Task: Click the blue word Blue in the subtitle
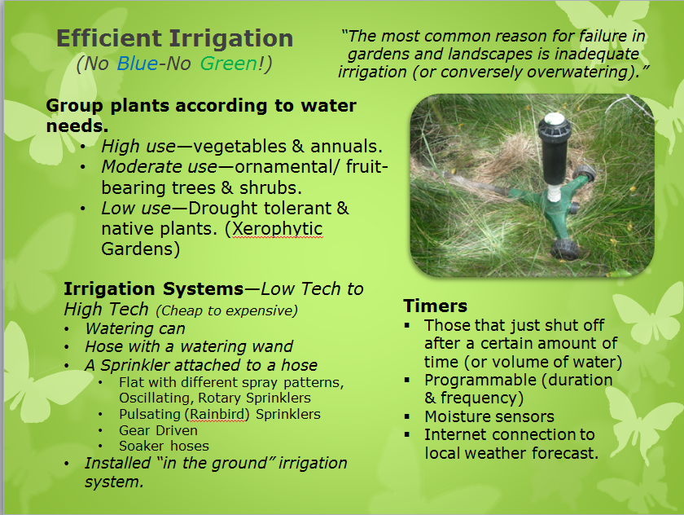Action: click(x=138, y=64)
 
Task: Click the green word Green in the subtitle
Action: click(x=229, y=64)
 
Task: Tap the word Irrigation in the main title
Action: click(x=231, y=39)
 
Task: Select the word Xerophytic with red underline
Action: click(x=278, y=229)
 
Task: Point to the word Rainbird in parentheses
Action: click(x=217, y=414)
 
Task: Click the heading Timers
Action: click(x=435, y=306)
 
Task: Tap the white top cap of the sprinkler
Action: click(x=554, y=117)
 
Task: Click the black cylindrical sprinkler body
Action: click(x=555, y=161)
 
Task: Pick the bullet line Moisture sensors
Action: click(x=489, y=416)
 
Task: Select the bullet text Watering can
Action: click(x=135, y=328)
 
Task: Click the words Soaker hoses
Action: click(x=164, y=446)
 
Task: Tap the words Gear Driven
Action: click(x=158, y=431)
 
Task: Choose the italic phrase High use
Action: click(x=138, y=147)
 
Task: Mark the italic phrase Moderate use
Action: click(x=160, y=167)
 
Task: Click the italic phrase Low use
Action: click(x=136, y=209)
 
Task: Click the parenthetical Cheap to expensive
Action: click(x=227, y=310)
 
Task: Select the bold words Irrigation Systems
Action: click(x=154, y=289)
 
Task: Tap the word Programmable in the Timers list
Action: click(x=481, y=381)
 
